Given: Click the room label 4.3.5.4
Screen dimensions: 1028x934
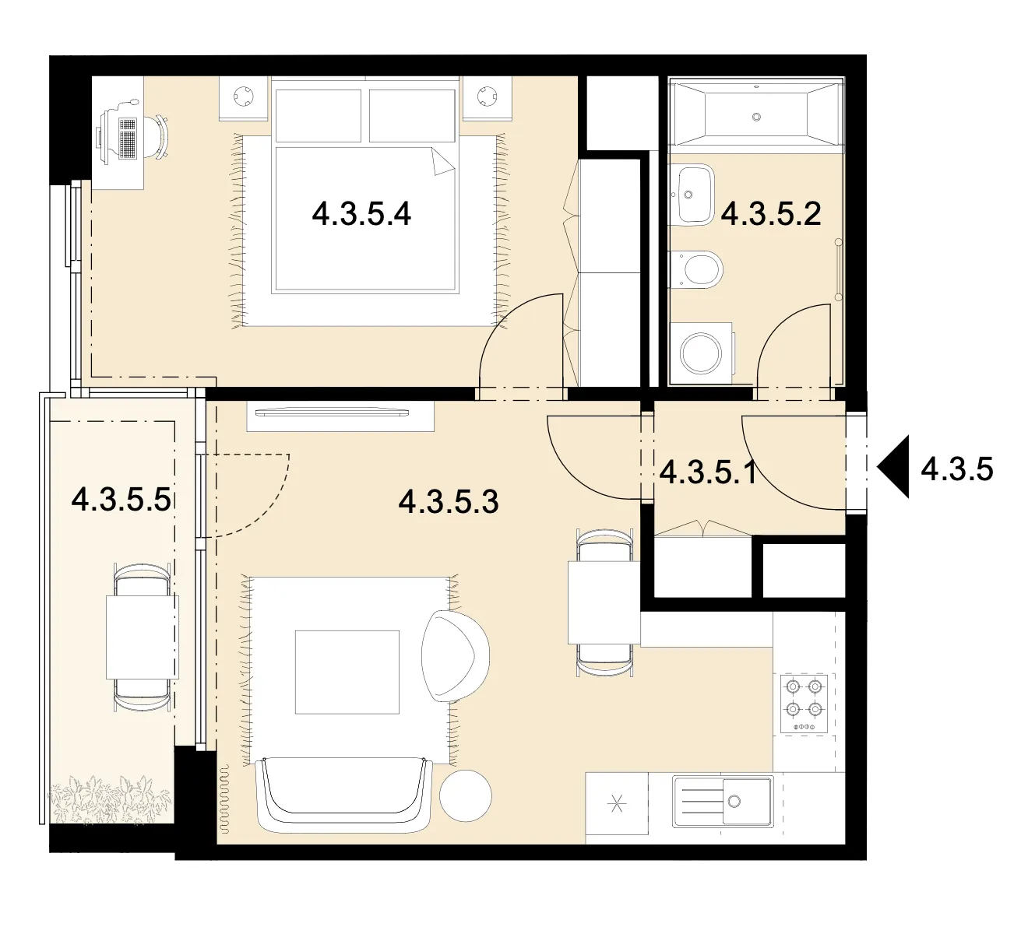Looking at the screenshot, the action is [x=361, y=214].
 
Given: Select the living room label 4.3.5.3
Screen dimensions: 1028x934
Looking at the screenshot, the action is [x=449, y=501].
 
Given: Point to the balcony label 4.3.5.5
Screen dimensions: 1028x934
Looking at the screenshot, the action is [x=121, y=500].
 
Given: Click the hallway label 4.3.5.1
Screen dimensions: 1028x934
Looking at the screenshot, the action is [x=708, y=472].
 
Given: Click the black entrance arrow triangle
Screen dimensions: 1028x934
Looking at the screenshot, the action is [x=893, y=467].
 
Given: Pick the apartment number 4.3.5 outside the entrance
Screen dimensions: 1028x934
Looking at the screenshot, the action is [x=957, y=469].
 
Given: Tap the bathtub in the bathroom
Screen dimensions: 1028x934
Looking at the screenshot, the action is [x=756, y=117].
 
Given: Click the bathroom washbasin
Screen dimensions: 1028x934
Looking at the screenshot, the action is [x=692, y=195].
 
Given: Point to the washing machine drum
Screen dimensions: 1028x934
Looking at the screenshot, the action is [x=701, y=353].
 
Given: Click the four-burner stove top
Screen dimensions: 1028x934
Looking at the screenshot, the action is [x=804, y=704].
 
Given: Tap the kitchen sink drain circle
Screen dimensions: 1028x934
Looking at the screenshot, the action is [x=734, y=801].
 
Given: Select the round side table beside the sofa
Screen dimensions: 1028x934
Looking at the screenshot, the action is [x=465, y=795].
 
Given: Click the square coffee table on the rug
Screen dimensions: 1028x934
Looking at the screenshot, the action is [x=347, y=672].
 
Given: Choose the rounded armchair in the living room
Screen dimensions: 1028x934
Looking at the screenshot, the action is [x=455, y=656].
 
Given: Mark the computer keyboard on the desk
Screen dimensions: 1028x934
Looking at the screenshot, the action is [x=128, y=138].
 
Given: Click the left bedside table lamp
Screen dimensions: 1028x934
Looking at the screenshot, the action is [x=244, y=96].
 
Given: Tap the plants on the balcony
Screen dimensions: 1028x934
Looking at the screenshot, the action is [x=109, y=799].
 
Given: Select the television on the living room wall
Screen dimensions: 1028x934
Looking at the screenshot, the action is [x=331, y=412].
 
